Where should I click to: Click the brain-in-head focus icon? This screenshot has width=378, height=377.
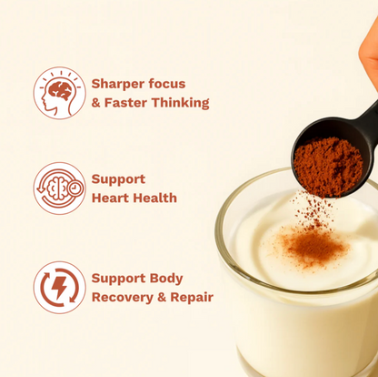(59, 93)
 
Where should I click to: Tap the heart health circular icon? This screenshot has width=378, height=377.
(59, 188)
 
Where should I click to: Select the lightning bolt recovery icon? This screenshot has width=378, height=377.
(59, 288)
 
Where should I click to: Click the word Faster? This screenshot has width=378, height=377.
(133, 103)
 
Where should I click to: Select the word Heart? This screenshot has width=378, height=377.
(113, 198)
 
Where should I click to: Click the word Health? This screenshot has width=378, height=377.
(155, 198)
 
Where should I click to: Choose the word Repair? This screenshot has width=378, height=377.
(194, 297)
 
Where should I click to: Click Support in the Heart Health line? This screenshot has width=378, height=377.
(118, 179)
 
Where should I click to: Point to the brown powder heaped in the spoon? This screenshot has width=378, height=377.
(327, 164)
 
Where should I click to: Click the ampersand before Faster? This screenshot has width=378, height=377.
(96, 103)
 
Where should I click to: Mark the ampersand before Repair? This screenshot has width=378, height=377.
(167, 297)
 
